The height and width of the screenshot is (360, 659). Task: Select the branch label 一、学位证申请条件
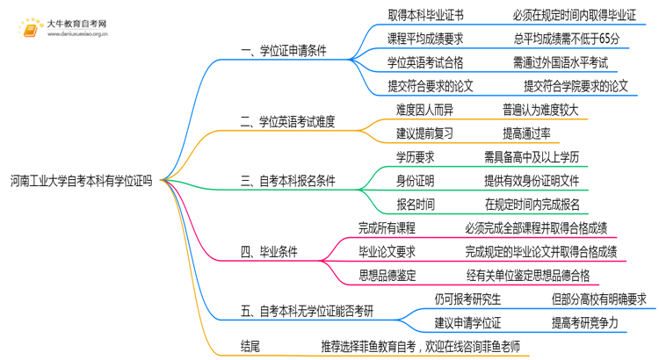pos(283,51)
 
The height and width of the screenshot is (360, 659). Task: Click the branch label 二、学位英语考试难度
pos(288,121)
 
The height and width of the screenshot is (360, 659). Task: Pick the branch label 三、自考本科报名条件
pos(288,181)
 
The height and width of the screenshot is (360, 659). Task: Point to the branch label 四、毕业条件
pos(269,252)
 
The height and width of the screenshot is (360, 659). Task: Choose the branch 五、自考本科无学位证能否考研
pos(307,311)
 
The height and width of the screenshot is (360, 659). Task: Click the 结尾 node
pos(250,346)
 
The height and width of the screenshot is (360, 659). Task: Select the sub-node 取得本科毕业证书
pos(426,15)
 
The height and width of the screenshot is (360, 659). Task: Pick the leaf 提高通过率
pos(526,133)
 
